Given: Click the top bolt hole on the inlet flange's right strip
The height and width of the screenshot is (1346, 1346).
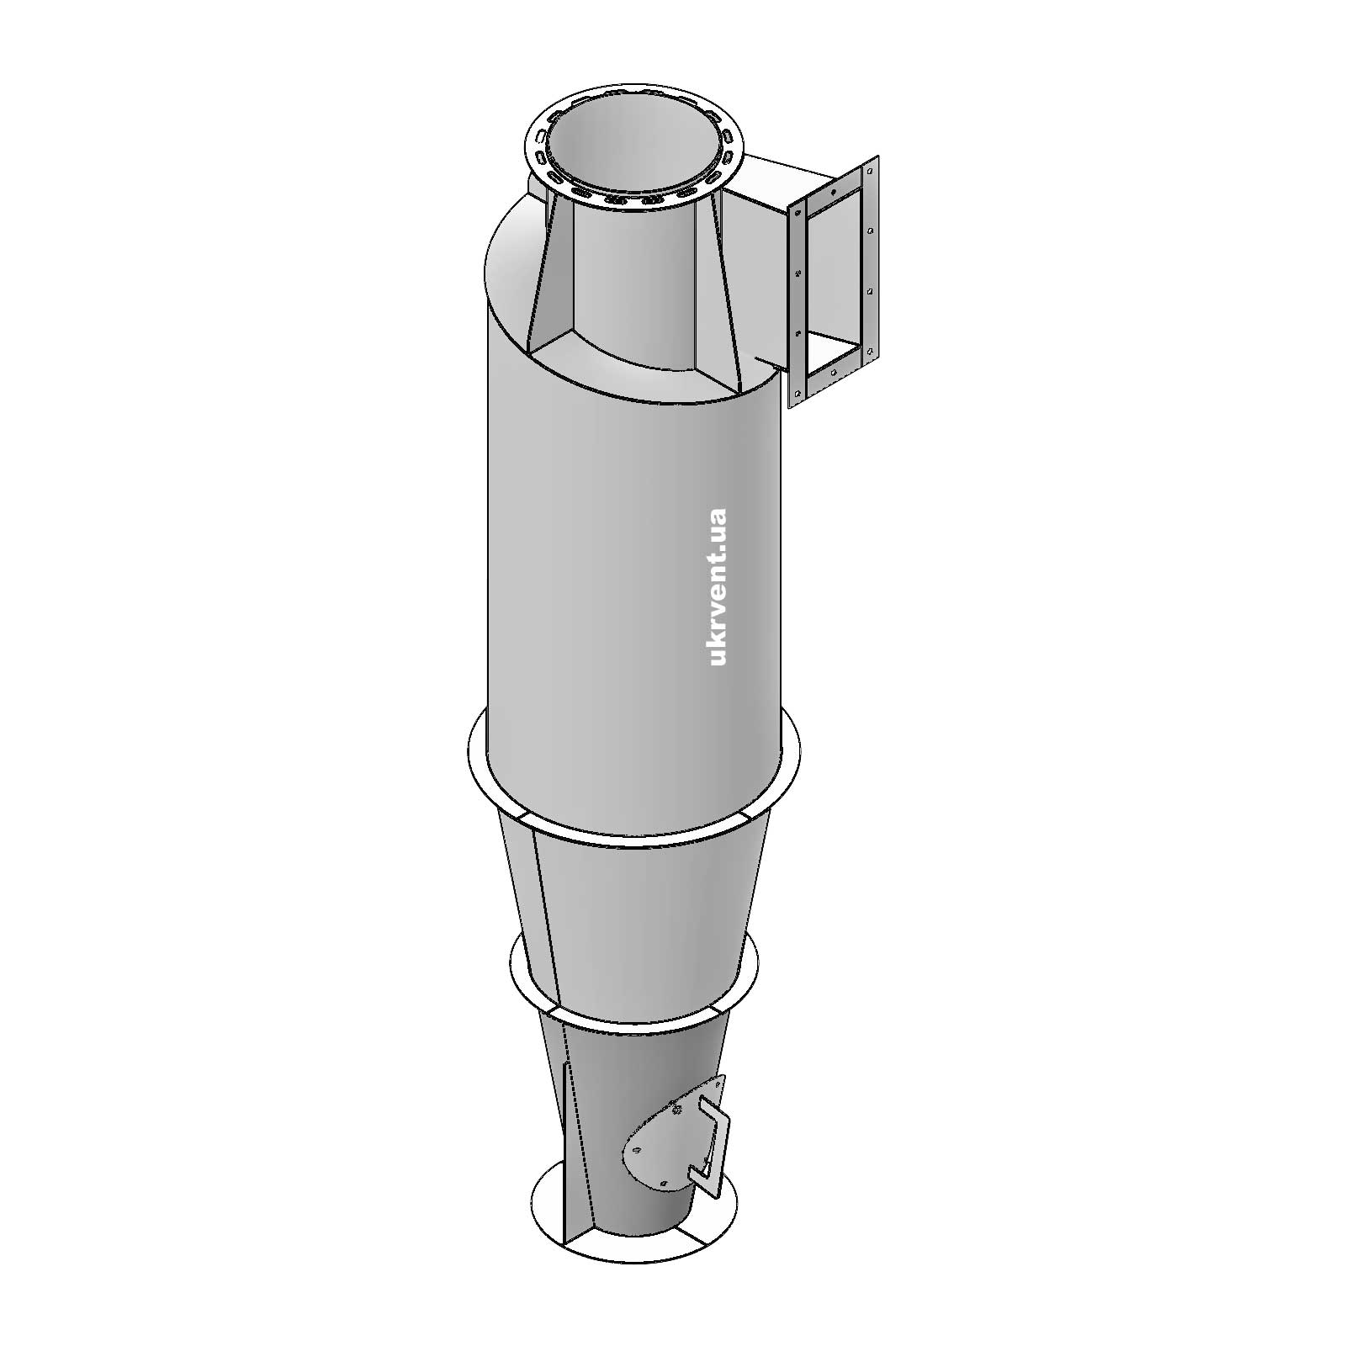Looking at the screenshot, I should point(871,172).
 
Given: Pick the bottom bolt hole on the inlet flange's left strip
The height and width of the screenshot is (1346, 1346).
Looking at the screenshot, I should point(793,393).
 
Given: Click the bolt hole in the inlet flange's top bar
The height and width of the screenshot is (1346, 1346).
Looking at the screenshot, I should point(833,192).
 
